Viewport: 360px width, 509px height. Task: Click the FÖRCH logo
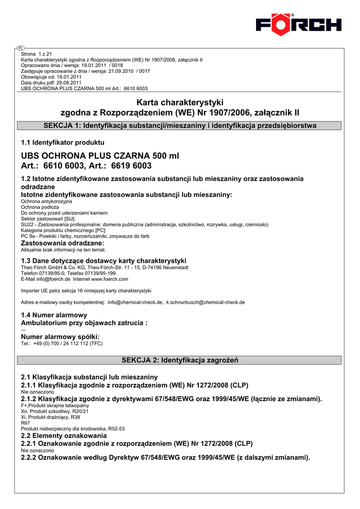(298, 24)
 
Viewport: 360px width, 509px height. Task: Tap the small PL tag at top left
(20, 48)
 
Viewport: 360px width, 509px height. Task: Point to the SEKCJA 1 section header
(180, 126)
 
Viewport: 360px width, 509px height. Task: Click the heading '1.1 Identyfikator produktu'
(63, 143)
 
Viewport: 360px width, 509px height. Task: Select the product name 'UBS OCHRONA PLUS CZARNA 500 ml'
(100, 156)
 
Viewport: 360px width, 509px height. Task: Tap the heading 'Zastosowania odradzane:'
(63, 243)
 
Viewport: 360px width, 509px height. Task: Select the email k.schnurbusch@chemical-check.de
(205, 302)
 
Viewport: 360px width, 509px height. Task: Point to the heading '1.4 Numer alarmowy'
(54, 315)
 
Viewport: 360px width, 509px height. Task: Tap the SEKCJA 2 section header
(180, 360)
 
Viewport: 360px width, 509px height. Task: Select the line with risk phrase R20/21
(55, 412)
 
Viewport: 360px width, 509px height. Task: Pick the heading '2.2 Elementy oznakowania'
(61, 435)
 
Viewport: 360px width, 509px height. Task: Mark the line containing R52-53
(73, 428)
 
